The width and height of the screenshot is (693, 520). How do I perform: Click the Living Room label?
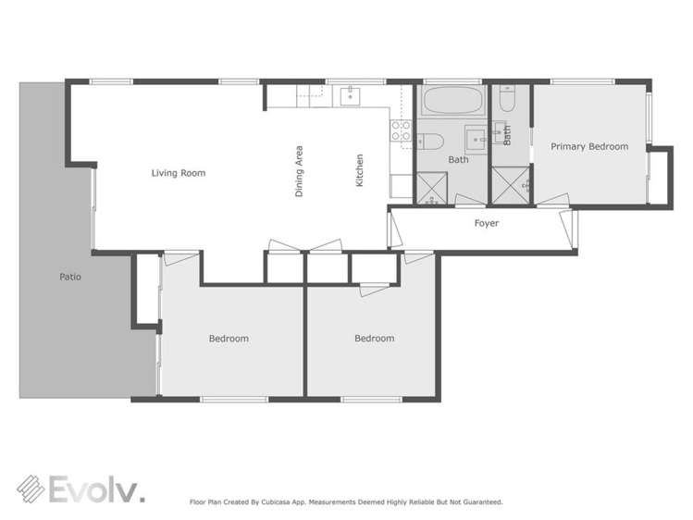coord(179,173)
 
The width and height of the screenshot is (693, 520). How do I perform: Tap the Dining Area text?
coord(299,172)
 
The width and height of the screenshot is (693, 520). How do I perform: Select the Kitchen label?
coord(360,171)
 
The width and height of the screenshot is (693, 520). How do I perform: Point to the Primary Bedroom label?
coord(589,146)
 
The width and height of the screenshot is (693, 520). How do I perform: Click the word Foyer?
coord(487,224)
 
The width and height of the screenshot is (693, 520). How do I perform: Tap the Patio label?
coord(70,276)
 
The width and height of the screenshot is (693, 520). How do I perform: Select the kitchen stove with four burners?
coord(402,131)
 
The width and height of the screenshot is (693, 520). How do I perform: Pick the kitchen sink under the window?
coord(351,95)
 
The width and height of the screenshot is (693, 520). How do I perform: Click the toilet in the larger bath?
coord(431,142)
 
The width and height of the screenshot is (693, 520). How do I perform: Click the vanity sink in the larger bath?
coord(476,139)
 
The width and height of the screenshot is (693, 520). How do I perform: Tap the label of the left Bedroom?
coord(229,339)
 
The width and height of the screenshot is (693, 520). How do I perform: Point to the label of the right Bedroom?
coord(374,339)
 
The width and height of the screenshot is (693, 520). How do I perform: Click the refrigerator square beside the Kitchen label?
coord(401,186)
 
